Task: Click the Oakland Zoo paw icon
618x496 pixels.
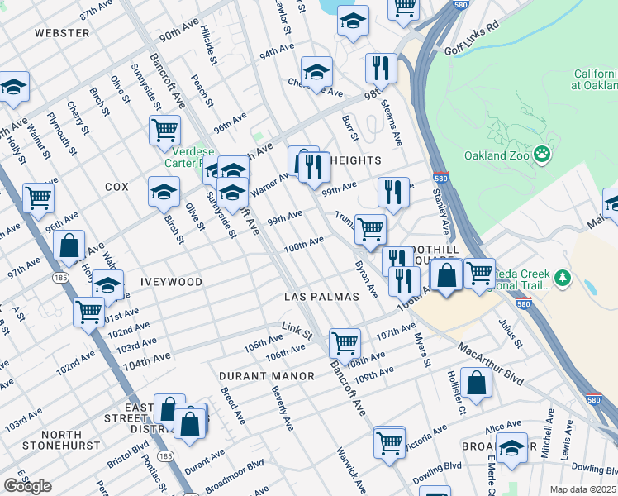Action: (x=542, y=153)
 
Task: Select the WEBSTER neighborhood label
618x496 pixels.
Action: (x=62, y=33)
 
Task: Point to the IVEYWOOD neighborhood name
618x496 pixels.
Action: (x=172, y=282)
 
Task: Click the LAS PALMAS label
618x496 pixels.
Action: (x=321, y=296)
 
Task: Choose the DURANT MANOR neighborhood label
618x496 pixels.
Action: (x=267, y=376)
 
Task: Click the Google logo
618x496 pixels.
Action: (x=27, y=485)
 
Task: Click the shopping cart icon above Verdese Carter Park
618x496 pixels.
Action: (x=165, y=130)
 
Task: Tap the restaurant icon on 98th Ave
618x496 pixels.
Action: (x=381, y=68)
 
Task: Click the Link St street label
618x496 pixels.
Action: (x=296, y=331)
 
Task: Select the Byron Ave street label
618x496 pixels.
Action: (x=366, y=279)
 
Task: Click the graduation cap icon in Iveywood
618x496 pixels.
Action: (x=107, y=285)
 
